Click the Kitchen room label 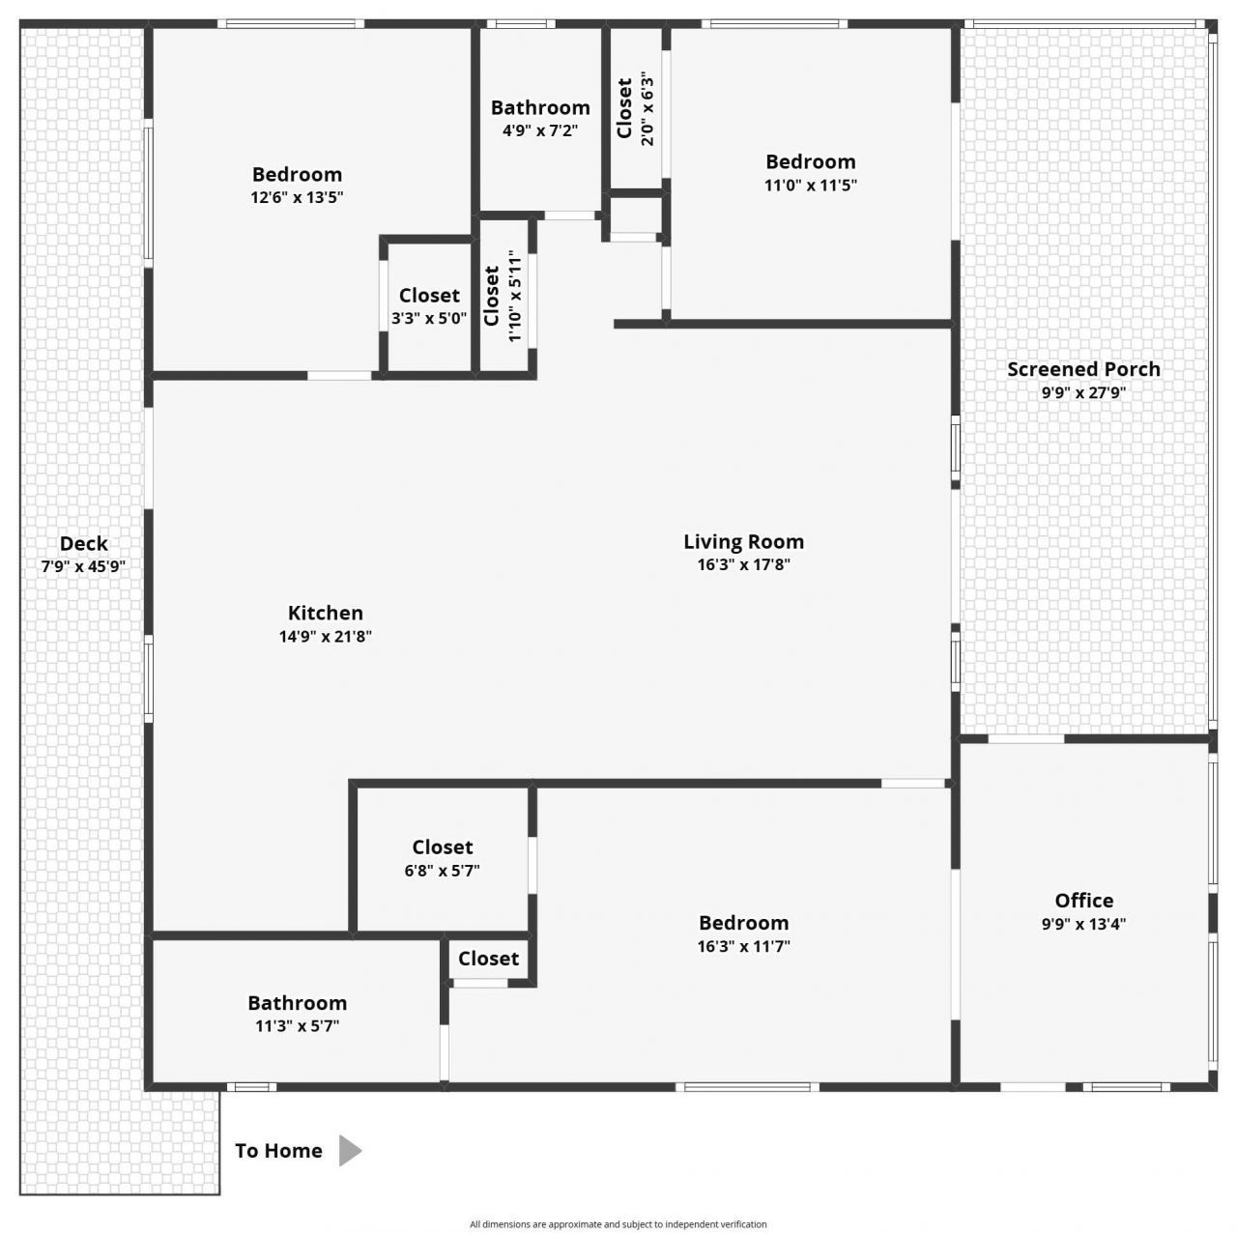point(326,613)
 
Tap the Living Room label point(743,542)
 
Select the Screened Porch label point(1083,369)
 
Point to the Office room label point(1083,901)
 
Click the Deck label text point(84,544)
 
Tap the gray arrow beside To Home point(350,1150)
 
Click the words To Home point(278,1150)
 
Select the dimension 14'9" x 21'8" point(326,636)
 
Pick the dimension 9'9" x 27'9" point(1083,392)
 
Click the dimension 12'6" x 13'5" point(297,197)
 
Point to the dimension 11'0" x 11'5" point(810,185)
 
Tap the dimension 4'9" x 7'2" point(540,130)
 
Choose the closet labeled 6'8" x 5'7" point(443,847)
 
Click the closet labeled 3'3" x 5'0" point(429,296)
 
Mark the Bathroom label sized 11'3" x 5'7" point(297,1003)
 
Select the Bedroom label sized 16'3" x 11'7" point(743,923)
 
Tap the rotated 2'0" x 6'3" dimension point(647,111)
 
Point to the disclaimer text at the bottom point(618,1224)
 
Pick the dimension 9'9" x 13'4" point(1083,924)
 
